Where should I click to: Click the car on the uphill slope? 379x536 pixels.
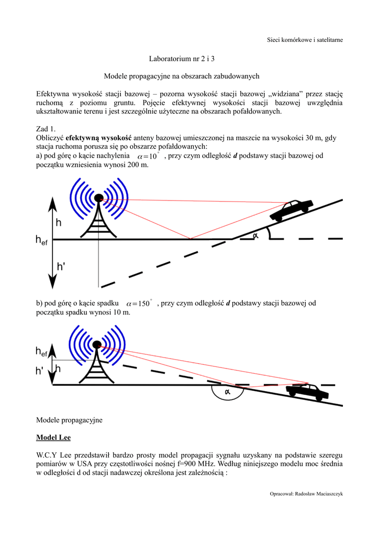pos(291,210)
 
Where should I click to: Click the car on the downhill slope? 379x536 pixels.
pos(307,392)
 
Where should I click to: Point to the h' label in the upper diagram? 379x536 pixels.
pos(61,266)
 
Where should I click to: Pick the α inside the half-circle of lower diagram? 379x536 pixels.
pos(228,391)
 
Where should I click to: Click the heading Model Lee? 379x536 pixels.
pos(53,437)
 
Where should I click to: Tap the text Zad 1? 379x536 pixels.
pos(46,128)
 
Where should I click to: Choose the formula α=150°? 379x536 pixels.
pos(138,304)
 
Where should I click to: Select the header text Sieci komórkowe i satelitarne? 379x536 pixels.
pos(305,40)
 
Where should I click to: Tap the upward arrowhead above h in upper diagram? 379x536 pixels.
pos(51,200)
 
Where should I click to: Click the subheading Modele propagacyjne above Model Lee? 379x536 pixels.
pos(70,420)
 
